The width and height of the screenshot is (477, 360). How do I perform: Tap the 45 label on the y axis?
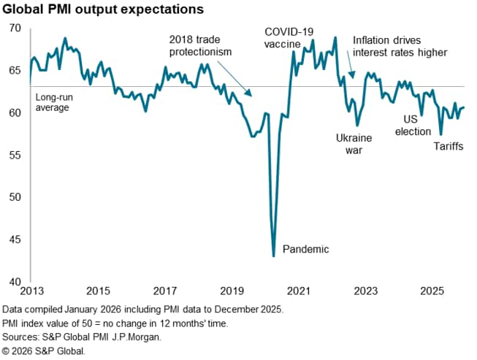tap(15, 240)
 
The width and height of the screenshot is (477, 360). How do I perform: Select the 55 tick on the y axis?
tap(15, 156)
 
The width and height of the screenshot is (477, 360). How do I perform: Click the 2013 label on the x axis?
tap(30, 290)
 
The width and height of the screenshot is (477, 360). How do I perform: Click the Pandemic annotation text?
tap(305, 249)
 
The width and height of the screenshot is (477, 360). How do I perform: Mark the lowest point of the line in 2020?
tap(273, 256)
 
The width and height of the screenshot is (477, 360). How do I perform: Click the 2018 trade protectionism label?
tap(200, 45)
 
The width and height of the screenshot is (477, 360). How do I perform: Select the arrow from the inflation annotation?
tap(351, 70)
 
